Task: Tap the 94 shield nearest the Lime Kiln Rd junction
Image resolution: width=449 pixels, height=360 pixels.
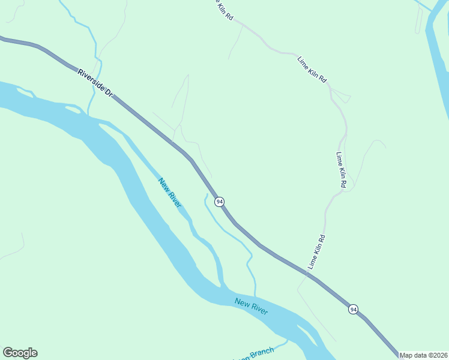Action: point(353,309)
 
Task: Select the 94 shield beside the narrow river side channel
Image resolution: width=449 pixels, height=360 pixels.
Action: point(220,201)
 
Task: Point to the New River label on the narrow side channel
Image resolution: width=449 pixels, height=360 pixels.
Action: point(170,193)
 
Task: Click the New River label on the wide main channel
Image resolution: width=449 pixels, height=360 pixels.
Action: point(251,306)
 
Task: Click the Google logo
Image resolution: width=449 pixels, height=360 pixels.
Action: point(20,353)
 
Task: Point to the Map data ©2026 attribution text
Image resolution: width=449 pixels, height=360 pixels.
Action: point(424,355)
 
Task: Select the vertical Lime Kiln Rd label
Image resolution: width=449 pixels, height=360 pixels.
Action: point(341,170)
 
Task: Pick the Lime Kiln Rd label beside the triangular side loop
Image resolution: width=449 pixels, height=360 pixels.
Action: point(313,69)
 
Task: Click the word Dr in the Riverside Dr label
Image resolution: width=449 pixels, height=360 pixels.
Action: point(109,92)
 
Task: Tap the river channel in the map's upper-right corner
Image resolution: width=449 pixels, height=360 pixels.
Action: point(437,54)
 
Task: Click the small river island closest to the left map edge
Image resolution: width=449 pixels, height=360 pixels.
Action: point(25,92)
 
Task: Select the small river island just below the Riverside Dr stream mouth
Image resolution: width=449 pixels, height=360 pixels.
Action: point(71,109)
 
